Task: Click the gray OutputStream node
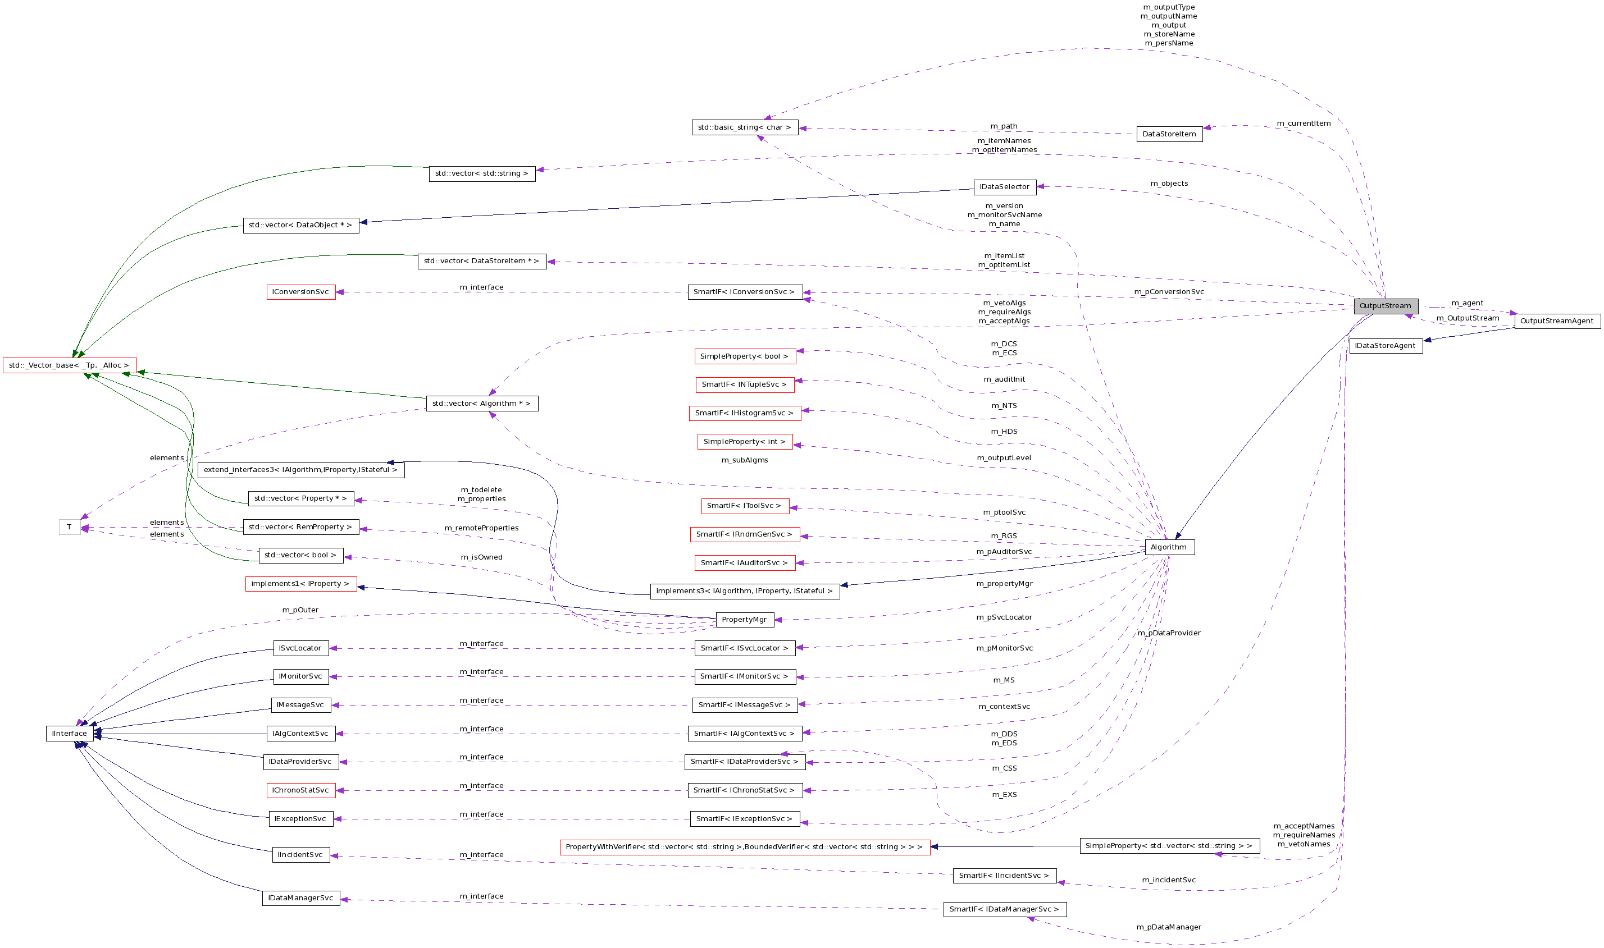1385,306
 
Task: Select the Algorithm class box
1169,547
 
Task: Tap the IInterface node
70,734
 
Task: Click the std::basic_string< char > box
745,128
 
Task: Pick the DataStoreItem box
1169,134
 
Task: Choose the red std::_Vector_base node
70,365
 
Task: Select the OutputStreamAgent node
1557,320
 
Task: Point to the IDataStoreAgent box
1385,346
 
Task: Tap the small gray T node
70,527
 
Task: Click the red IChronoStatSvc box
300,790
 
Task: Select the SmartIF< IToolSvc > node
745,506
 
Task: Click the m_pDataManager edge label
1168,927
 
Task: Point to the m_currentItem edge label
1304,123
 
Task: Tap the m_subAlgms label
745,460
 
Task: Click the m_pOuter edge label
300,610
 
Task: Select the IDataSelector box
1004,187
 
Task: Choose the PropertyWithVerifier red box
745,847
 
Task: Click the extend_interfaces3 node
300,470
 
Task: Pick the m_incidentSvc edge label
1168,880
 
